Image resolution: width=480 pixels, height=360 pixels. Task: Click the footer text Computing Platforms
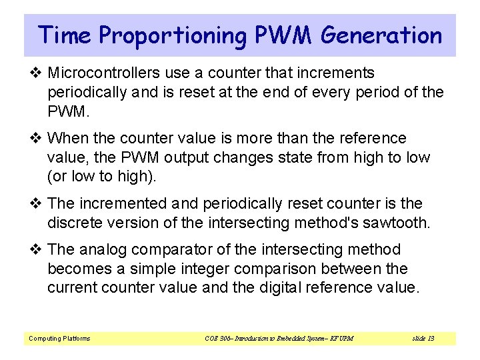tap(59, 339)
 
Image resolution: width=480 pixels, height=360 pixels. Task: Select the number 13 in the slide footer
tap(430, 339)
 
